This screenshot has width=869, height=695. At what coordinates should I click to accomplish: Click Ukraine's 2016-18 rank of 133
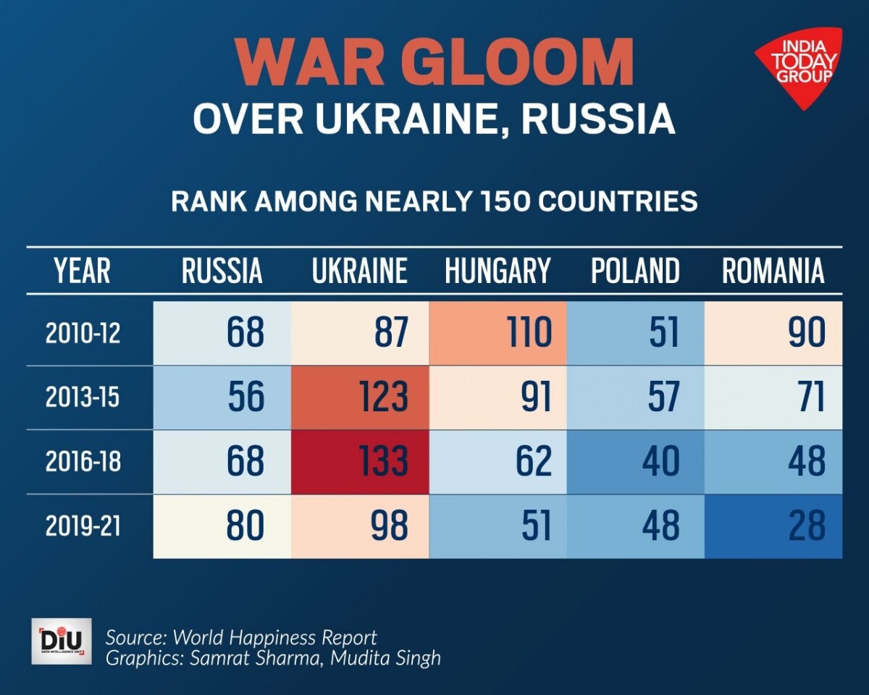tap(360, 462)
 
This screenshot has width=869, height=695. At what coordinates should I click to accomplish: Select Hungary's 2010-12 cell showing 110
tap(498, 334)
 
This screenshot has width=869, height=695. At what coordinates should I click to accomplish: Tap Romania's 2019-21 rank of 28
tap(773, 526)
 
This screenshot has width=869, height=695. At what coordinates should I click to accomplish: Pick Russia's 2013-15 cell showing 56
tap(222, 397)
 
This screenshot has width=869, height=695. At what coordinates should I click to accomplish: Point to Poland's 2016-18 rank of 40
tap(635, 462)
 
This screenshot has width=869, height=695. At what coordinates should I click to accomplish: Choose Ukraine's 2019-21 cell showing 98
tap(360, 526)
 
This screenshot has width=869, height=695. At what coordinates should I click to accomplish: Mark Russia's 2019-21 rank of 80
tap(222, 526)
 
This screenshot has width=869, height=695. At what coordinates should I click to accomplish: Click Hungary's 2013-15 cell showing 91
tap(498, 397)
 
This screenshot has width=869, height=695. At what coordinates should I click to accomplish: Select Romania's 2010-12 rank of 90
tap(773, 334)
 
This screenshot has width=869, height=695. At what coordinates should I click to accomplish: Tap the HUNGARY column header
tap(498, 271)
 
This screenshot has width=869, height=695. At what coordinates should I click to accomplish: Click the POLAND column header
tap(635, 271)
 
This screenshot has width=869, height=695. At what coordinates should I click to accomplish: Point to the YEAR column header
tap(82, 271)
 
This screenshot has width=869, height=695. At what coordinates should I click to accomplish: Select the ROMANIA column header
tap(773, 271)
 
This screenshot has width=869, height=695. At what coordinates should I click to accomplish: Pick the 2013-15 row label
tap(82, 397)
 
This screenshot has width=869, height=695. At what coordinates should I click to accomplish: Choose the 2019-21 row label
tap(82, 526)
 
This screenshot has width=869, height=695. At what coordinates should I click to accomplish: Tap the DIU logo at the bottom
tap(62, 641)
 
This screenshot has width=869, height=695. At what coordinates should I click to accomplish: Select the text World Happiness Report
tap(275, 638)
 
